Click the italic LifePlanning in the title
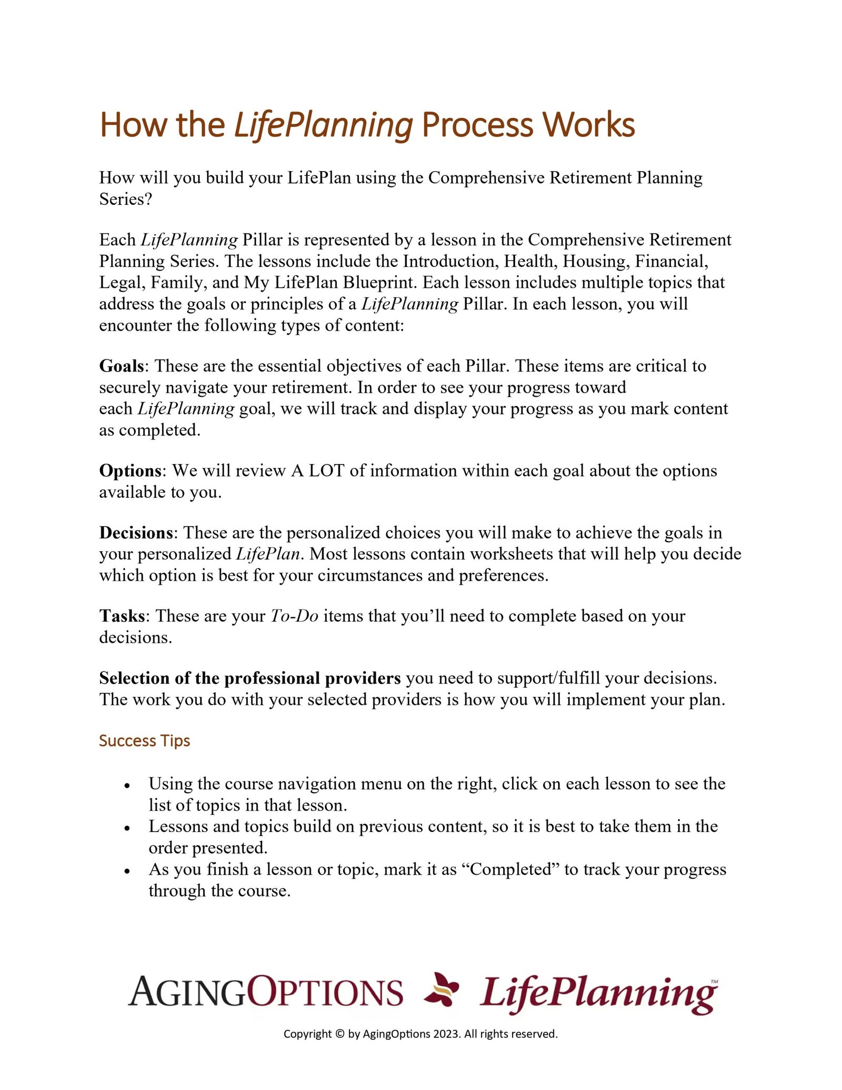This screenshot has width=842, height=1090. pyautogui.click(x=323, y=126)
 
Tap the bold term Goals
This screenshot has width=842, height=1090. pyautogui.click(x=121, y=366)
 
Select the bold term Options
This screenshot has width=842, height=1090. pyautogui.click(x=130, y=471)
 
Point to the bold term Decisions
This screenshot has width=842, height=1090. pyautogui.click(x=136, y=533)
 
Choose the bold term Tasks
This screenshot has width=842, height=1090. pyautogui.click(x=122, y=616)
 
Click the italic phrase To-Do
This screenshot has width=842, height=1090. pyautogui.click(x=294, y=616)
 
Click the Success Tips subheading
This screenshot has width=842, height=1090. pyautogui.click(x=144, y=741)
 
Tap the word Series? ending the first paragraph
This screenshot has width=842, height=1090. pyautogui.click(x=125, y=199)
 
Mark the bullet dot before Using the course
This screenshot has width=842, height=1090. pyautogui.click(x=127, y=785)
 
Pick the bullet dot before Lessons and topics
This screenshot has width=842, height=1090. pyautogui.click(x=127, y=828)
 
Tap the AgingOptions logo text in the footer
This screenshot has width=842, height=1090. pyautogui.click(x=265, y=992)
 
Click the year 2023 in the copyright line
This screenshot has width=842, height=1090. pyautogui.click(x=446, y=1034)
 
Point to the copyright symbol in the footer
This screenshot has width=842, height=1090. pyautogui.click(x=339, y=1034)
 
